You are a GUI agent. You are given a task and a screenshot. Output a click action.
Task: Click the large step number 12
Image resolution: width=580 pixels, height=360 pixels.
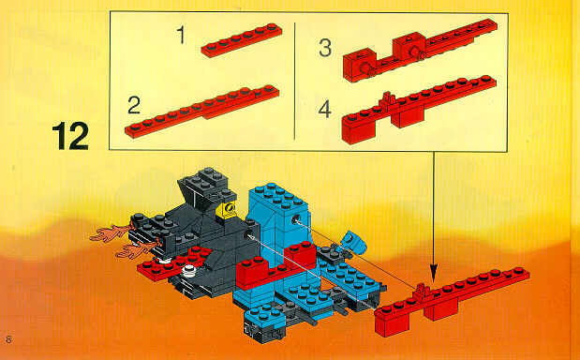pos(70,136)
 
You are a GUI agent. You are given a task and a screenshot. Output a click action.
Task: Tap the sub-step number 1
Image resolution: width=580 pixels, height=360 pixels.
pos(181,35)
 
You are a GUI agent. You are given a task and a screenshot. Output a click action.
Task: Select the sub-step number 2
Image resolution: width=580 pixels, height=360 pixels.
pos(134,105)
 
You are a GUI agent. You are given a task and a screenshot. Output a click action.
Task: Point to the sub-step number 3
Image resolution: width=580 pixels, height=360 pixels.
pos(325,48)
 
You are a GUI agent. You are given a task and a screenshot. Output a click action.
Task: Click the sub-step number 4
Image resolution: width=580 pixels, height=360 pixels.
pos(325,110)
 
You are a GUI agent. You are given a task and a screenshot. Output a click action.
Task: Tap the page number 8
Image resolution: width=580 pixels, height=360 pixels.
pos(8,339)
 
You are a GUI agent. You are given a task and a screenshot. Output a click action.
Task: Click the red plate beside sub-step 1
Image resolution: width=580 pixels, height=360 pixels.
pos(242,40)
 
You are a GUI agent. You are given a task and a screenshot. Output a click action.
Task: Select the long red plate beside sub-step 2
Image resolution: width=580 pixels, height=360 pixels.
pos(202,112)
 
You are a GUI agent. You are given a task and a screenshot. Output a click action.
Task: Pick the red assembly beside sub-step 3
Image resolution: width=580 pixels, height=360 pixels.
pos(420,50)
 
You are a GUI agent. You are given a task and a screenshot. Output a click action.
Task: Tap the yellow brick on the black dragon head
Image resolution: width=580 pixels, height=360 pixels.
pos(228,211)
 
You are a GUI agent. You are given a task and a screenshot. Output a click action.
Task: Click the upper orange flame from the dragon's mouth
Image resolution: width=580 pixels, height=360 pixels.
pos(110,232)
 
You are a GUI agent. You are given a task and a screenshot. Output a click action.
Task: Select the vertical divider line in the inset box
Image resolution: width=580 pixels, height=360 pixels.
pos(295,81)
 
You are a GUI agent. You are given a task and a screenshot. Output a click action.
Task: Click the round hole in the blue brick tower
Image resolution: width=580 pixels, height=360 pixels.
pos(296,219)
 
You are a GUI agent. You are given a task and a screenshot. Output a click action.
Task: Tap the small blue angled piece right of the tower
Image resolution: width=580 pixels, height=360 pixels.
pos(352,241)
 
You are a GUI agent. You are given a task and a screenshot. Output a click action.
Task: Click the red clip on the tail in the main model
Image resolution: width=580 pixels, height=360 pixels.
pos(422,291)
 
